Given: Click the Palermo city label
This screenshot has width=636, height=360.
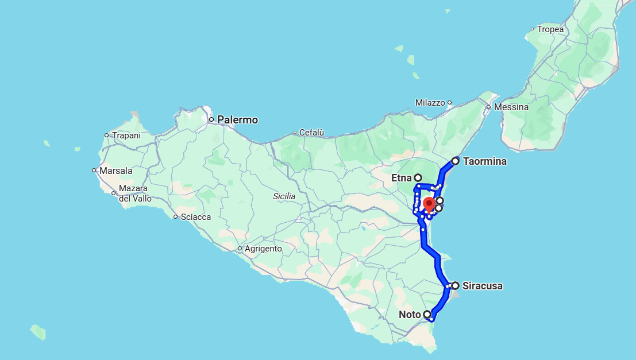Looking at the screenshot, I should pyautogui.click(x=237, y=120).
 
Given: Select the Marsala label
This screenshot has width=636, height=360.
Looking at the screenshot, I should pyautogui.click(x=115, y=171).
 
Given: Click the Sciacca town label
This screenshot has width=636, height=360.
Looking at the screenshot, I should pyautogui.click(x=195, y=217).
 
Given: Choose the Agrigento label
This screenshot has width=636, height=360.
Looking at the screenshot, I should pyautogui.click(x=263, y=249).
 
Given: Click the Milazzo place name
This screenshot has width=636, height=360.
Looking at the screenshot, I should pyautogui.click(x=430, y=103).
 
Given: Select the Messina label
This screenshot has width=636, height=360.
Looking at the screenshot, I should pyautogui.click(x=511, y=107).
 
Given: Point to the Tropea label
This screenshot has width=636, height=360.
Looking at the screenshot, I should pyautogui.click(x=550, y=29).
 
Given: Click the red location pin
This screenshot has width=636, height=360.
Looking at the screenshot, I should pyautogui.click(x=429, y=204).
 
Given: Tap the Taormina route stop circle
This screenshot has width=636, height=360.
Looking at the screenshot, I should pyautogui.click(x=455, y=161).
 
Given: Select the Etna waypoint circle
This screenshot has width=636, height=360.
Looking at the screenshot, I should pyautogui.click(x=418, y=178).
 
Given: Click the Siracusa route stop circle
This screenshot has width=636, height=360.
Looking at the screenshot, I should pyautogui.click(x=455, y=285).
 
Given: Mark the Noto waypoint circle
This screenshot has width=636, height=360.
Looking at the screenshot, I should pyautogui.click(x=427, y=314).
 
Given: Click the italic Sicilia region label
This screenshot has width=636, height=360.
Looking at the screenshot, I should pyautogui.click(x=284, y=196).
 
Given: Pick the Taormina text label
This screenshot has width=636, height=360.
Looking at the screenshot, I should pyautogui.click(x=485, y=161).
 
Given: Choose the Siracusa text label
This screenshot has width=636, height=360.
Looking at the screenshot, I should pyautogui.click(x=482, y=285).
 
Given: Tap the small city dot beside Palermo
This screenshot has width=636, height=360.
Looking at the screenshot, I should pyautogui.click(x=211, y=119).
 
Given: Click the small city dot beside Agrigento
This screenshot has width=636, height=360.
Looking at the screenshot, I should pyautogui.click(x=240, y=249).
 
